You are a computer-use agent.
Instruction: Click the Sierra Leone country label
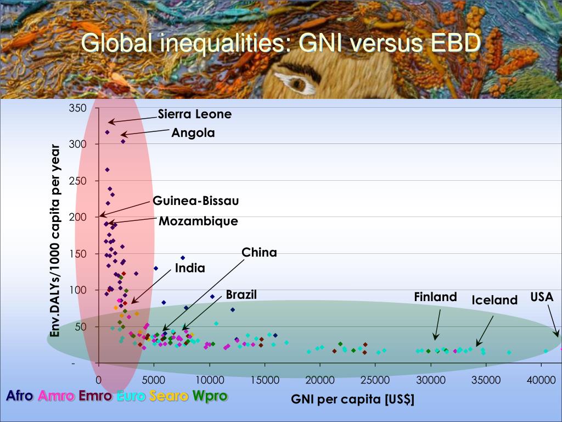(195, 114)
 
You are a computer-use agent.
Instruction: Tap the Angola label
(193, 132)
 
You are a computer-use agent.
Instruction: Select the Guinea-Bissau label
(196, 201)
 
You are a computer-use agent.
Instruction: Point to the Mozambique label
(199, 221)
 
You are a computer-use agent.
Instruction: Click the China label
(260, 253)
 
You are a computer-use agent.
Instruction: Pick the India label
(190, 268)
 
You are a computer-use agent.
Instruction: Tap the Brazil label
(241, 295)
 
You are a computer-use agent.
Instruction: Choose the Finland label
(435, 297)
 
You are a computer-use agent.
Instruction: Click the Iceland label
(494, 300)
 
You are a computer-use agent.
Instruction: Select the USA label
(542, 297)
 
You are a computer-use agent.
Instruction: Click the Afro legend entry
(20, 396)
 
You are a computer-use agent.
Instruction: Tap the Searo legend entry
(170, 396)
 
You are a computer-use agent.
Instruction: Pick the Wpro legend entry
(210, 396)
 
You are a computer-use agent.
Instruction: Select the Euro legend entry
(131, 396)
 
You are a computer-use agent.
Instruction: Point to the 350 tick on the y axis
(77, 108)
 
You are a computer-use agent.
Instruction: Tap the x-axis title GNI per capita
(352, 399)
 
